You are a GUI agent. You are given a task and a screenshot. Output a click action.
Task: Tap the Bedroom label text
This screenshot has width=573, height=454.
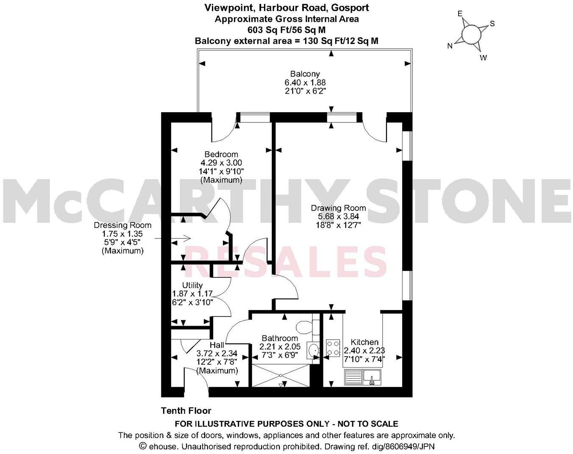click(x=221, y=154)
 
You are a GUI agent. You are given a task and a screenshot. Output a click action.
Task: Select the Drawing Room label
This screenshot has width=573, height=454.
click(x=338, y=208)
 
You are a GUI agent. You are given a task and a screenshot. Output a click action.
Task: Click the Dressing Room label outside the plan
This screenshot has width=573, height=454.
click(x=122, y=225)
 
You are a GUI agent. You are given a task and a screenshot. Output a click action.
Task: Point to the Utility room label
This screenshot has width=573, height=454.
click(x=192, y=285)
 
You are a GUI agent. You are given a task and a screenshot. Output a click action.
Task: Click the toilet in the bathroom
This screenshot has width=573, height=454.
click(x=305, y=327)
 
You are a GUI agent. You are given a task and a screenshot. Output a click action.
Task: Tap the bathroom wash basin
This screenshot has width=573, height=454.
click(x=314, y=350)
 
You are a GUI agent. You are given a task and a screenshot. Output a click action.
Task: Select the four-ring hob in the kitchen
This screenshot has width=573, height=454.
click(x=333, y=348)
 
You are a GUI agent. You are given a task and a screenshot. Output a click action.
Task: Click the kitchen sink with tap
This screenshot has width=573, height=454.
click(x=372, y=376)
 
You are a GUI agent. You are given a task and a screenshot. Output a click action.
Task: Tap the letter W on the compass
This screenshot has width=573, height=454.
click(x=483, y=58)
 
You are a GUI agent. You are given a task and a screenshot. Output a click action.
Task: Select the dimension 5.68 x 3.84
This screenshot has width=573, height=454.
click(x=338, y=216)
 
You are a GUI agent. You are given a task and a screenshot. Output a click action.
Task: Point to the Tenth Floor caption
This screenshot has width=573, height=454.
click(x=186, y=410)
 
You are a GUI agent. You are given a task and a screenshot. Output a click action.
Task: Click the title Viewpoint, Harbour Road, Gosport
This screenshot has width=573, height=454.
click(x=286, y=8)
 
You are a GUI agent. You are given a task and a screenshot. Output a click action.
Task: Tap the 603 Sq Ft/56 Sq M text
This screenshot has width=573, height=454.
click(x=286, y=30)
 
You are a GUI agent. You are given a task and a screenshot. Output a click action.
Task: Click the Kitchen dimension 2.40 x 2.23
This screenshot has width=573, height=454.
click(x=364, y=351)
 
